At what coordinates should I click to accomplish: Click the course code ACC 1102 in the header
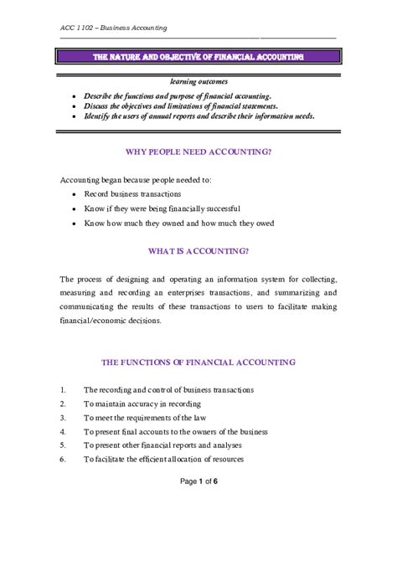(x=78, y=28)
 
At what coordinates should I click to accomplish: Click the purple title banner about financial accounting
(x=198, y=57)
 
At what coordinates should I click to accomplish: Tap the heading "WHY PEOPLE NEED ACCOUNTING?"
(x=198, y=152)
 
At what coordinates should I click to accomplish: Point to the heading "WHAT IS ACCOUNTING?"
(x=198, y=250)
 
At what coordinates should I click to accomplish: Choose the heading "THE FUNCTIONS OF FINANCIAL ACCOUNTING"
(x=198, y=363)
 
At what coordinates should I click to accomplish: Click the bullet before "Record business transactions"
(x=75, y=194)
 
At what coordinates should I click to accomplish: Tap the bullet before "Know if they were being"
(x=75, y=208)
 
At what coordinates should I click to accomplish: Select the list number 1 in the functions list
(x=63, y=389)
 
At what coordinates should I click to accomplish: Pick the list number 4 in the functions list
(x=63, y=431)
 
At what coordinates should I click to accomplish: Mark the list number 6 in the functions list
(x=63, y=460)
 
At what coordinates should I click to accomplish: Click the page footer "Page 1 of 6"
(x=198, y=504)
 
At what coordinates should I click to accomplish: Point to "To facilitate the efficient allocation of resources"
(x=175, y=460)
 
